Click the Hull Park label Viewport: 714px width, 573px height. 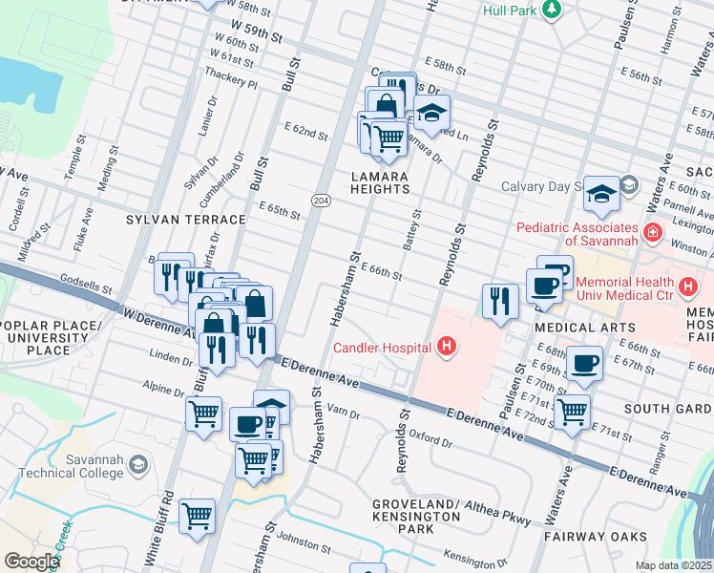pyautogui.click(x=507, y=11)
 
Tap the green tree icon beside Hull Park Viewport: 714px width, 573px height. pyautogui.click(x=551, y=10)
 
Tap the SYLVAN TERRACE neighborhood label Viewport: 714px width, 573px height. pyautogui.click(x=186, y=220)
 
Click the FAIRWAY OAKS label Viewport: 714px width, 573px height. pyautogui.click(x=596, y=538)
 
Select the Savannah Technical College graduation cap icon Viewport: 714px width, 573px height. pyautogui.click(x=137, y=465)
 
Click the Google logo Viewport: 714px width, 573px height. pyautogui.click(x=31, y=562)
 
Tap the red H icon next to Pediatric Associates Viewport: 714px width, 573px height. pyautogui.click(x=653, y=232)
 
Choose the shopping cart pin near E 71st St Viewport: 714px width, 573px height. pyautogui.click(x=572, y=413)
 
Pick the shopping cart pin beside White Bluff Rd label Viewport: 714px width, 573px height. pyautogui.click(x=198, y=517)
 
